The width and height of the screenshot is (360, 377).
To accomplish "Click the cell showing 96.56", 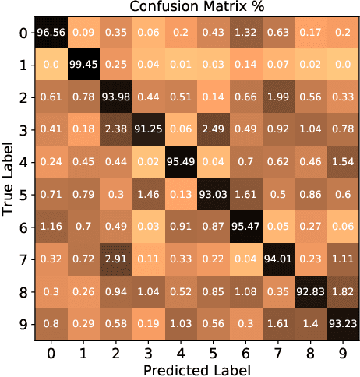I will [51, 32].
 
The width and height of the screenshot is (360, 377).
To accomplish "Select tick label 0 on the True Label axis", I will [25, 32].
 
